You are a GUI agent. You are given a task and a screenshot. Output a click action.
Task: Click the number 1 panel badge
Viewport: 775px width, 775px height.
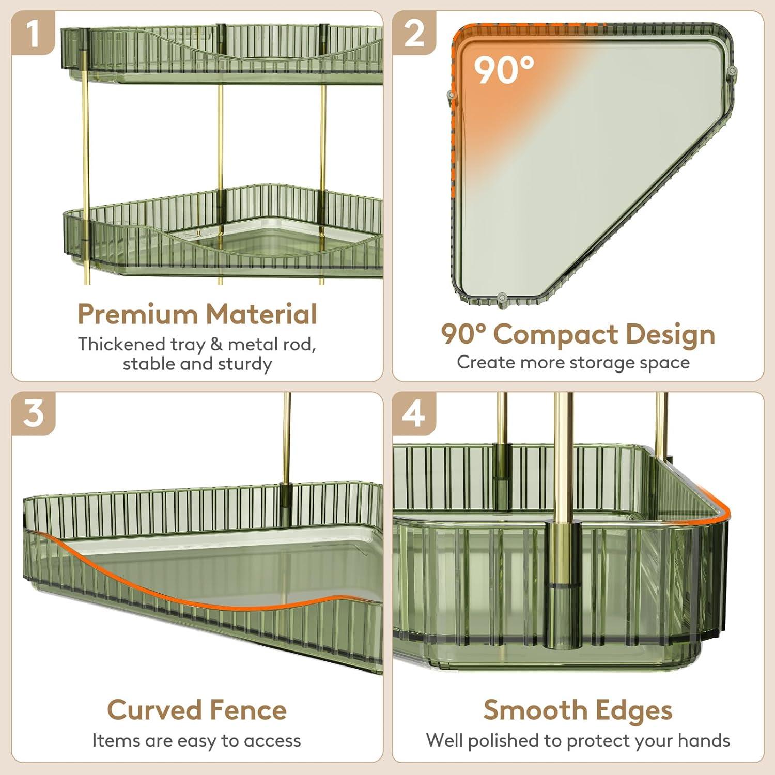(33, 33)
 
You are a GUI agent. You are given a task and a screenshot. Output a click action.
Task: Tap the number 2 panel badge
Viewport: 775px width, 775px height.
(414, 33)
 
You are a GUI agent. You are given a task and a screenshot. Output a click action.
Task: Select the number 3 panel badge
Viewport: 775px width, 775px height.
(33, 413)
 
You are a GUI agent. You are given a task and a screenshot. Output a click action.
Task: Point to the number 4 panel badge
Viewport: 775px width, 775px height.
(414, 413)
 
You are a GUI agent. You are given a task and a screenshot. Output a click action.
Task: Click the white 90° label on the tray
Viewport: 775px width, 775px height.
(504, 70)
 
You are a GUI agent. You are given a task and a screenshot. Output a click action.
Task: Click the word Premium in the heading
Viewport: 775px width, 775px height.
(137, 314)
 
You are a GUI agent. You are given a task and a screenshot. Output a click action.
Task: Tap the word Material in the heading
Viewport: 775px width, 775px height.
(261, 314)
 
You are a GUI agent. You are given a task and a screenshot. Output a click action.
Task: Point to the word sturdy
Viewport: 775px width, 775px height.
(245, 364)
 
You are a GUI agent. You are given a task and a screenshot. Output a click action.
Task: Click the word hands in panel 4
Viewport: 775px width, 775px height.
(704, 740)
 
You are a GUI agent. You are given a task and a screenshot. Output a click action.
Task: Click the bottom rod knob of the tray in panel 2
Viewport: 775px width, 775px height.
(501, 298)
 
